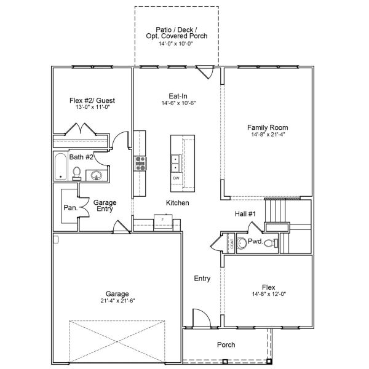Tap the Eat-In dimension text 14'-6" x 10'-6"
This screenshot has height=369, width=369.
[x=178, y=103]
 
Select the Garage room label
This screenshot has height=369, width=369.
[x=117, y=293]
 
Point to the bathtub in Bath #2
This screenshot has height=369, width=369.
[x=60, y=167]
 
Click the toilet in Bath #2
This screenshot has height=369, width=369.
[x=76, y=174]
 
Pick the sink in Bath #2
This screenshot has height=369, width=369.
[x=97, y=177]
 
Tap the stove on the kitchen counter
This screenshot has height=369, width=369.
[x=141, y=163]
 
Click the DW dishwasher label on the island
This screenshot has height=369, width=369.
[x=176, y=178]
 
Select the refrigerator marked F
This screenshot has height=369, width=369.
[x=163, y=219]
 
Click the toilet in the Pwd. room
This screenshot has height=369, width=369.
[x=240, y=243]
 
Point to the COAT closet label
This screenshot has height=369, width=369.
[x=231, y=244]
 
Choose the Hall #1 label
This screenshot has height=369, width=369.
[x=245, y=213]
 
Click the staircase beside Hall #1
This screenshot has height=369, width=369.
[x=277, y=213]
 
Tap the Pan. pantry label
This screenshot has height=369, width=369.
[x=69, y=208]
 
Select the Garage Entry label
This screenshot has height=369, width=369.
[x=105, y=205]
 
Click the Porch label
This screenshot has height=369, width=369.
[x=226, y=345]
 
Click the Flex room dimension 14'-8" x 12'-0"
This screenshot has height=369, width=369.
[x=268, y=294]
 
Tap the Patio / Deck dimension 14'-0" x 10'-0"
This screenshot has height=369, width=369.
[x=177, y=44]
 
